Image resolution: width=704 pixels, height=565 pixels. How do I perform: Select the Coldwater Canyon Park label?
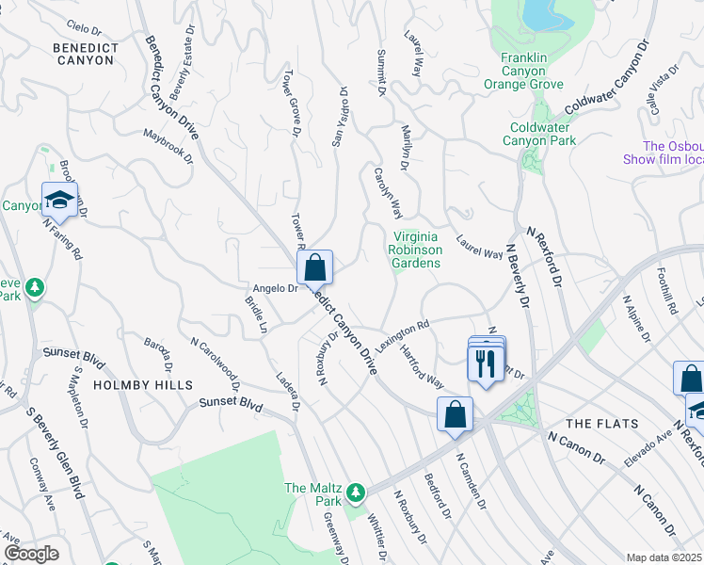coord(542,134)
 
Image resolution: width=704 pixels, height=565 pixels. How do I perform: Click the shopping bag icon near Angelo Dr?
coord(316,267)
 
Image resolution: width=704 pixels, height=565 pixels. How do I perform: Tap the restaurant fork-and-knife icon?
coord(485,363)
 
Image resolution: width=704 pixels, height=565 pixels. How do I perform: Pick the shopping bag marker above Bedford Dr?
coord(455,414)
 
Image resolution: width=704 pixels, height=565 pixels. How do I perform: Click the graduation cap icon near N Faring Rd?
coord(59,200)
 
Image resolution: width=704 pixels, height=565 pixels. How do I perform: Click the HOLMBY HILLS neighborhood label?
coord(143,385)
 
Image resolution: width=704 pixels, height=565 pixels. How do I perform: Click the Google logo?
coord(31,554)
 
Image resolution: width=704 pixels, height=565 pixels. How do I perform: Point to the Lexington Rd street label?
coord(404,332)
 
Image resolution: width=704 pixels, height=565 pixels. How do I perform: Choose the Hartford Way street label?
coord(422,366)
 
